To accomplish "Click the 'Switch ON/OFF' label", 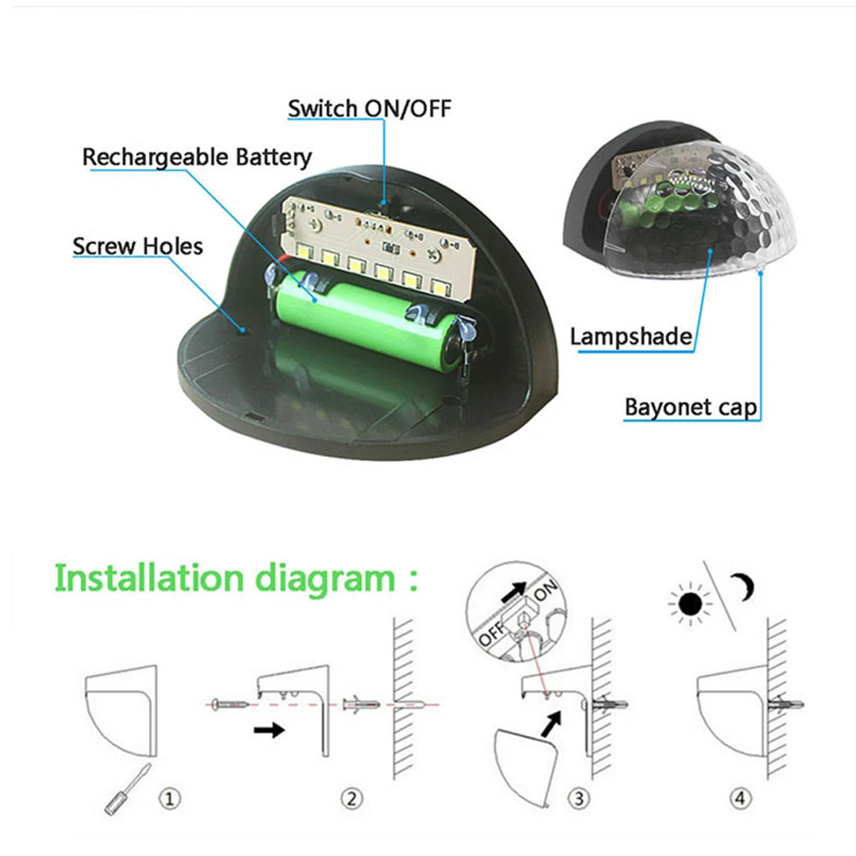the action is point(370,108).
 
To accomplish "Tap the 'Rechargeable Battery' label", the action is point(197,158).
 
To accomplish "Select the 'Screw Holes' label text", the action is point(138,247).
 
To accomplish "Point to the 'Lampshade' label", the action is point(631,336).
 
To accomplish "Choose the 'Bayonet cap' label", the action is point(691,407).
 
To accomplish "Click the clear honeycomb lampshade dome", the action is point(702,207).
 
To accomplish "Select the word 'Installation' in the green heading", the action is point(149,578).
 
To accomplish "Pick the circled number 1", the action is point(169,799).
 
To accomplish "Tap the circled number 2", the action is point(352,799).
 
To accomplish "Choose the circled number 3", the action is point(579,799).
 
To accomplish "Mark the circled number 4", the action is point(740,798).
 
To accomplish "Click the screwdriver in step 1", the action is point(128,789).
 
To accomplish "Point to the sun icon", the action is point(690,604).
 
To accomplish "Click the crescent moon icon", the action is point(744,587).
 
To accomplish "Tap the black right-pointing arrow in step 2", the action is point(269,730).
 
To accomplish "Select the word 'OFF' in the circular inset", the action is point(491,633).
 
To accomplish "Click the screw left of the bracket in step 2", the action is point(229,704).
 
